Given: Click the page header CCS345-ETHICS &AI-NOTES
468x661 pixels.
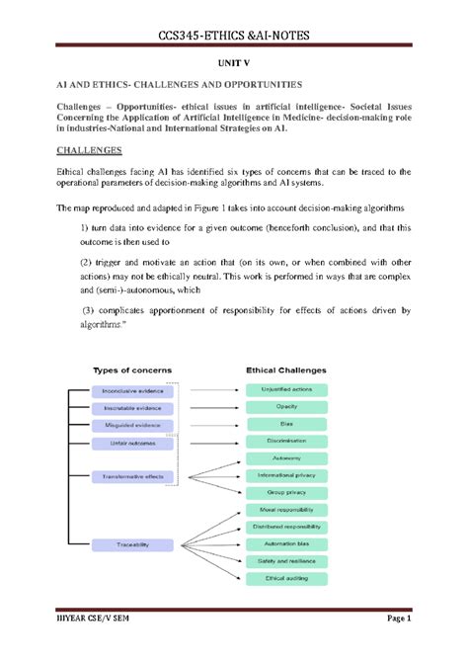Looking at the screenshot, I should pos(234,37).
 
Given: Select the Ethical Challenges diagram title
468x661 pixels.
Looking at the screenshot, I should pos(285,371).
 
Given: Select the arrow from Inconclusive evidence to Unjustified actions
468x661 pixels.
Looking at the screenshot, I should pos(209,389).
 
